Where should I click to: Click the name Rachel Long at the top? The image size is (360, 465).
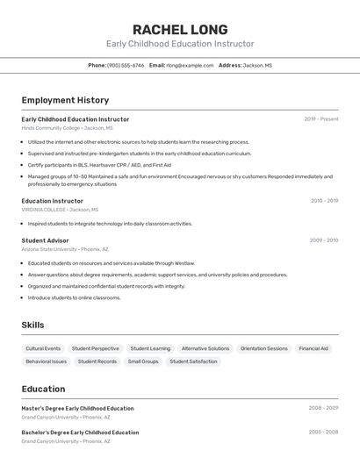(180, 29)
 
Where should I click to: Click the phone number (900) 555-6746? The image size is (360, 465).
(126, 65)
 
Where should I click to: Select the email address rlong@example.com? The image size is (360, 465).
(190, 65)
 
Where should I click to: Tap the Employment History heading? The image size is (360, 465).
(65, 100)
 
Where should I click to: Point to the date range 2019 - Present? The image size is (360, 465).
(320, 119)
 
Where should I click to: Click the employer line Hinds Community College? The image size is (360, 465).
(67, 128)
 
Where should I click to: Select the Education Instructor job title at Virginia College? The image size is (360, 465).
(53, 201)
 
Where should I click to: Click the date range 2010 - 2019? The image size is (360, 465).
(324, 201)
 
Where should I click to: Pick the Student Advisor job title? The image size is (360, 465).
(45, 240)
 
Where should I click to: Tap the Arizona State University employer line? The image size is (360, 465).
(65, 249)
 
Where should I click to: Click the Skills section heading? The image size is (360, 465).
(32, 325)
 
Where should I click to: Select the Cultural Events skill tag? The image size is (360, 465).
(43, 348)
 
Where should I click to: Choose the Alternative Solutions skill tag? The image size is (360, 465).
(205, 348)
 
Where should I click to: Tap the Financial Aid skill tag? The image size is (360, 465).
(313, 348)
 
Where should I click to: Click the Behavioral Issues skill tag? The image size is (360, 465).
(46, 361)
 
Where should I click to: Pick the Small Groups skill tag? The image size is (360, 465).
(143, 361)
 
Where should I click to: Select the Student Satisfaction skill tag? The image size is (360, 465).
(193, 361)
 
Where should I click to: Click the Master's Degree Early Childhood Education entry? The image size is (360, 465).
(78, 408)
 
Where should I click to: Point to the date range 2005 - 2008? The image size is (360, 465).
(323, 432)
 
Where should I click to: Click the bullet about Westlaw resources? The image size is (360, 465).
(111, 263)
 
